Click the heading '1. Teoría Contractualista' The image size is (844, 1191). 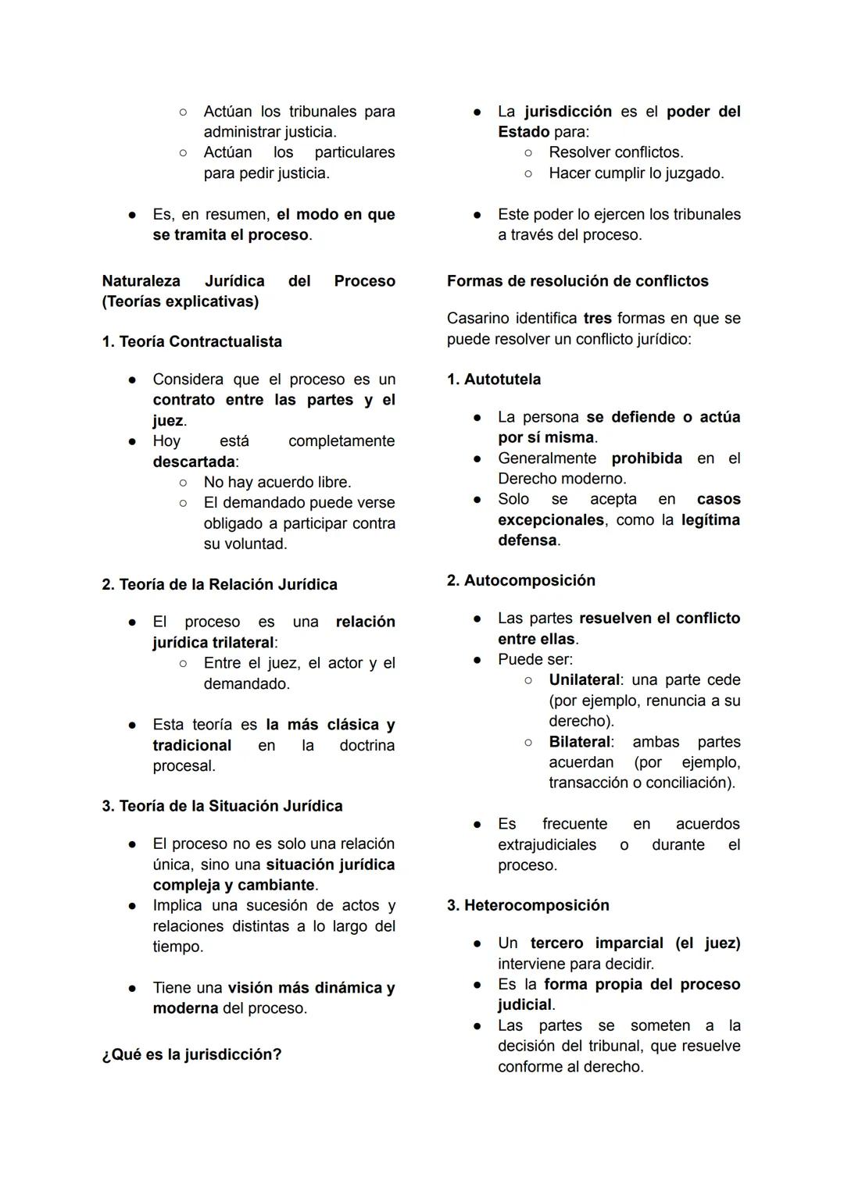(191, 341)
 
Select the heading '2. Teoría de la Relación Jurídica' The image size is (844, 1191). (220, 584)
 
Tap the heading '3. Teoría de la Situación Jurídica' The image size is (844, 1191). (222, 805)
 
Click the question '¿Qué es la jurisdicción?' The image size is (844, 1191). (191, 1054)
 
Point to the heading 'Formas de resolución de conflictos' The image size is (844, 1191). (578, 280)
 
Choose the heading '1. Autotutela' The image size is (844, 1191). (494, 379)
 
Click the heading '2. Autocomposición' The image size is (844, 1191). (521, 580)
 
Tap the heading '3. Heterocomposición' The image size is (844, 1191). (528, 905)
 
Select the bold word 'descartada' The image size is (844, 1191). (194, 462)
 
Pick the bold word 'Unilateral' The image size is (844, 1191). (585, 679)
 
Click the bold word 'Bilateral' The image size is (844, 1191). (580, 742)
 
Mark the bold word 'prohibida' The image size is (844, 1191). (646, 458)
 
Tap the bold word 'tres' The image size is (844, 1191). (597, 318)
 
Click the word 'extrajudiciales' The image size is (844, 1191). (547, 844)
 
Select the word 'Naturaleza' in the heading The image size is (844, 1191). (141, 280)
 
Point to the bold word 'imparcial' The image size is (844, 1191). (628, 943)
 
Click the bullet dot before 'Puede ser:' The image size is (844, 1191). (477, 659)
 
